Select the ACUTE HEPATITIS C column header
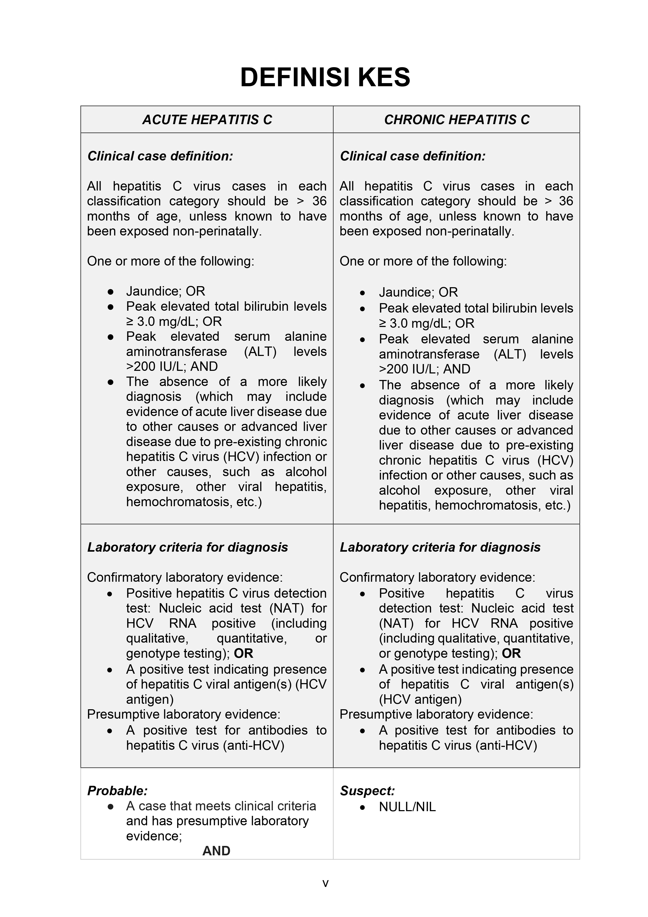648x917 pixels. point(207,119)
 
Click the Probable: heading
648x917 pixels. point(117,791)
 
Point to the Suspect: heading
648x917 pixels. point(367,791)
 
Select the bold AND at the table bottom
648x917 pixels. point(216,850)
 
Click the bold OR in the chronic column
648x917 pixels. point(511,653)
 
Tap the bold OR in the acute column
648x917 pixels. point(243,653)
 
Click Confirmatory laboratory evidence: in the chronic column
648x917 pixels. point(437,577)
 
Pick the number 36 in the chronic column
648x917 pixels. point(565,201)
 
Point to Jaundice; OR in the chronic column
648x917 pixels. point(418,292)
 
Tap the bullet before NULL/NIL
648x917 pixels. point(363,807)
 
